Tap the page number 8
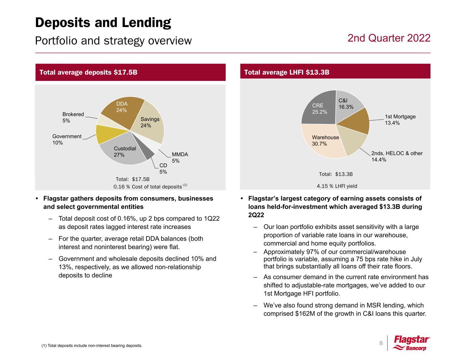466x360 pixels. pos(381,343)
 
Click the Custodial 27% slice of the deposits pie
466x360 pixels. pos(123,152)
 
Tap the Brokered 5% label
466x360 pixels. pos(73,117)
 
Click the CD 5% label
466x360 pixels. pos(163,169)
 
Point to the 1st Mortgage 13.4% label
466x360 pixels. pos(400,119)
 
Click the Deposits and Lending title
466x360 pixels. pos(103,23)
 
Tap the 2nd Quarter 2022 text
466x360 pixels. pos(389,38)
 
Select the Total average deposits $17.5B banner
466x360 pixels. pos(130,72)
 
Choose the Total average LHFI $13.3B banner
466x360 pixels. pos(335,72)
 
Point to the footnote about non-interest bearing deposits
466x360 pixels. pos(91,346)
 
